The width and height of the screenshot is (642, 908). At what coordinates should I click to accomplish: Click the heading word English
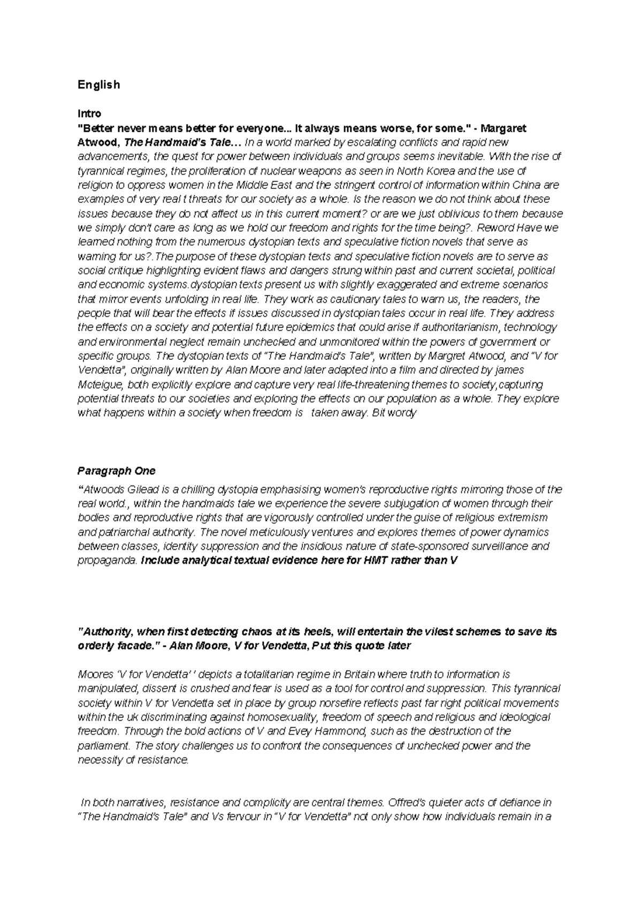tap(98, 85)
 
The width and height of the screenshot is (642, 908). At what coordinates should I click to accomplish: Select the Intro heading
tap(89, 113)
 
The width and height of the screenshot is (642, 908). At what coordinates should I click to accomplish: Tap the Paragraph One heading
tap(116, 471)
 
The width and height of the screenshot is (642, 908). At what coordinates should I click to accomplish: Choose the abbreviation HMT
tap(376, 561)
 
